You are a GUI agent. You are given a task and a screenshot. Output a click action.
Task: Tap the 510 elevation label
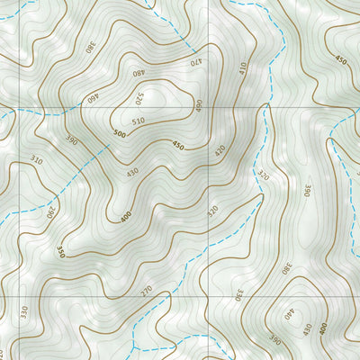pos(137,121)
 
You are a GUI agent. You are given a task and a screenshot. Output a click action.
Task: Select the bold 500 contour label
pos(120,132)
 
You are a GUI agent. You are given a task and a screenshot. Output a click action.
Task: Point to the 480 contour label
pos(138,73)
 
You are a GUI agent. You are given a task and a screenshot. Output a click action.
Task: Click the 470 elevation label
pos(195,62)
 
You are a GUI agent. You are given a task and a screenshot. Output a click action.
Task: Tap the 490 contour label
pos(198,105)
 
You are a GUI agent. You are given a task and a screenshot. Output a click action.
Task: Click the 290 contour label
pos(50,213)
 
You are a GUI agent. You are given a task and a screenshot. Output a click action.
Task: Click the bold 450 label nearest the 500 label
pos(177,147)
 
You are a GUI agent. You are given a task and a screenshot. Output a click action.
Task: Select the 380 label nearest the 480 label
pos(90,45)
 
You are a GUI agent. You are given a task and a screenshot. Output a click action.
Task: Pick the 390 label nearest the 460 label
pos(73,141)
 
